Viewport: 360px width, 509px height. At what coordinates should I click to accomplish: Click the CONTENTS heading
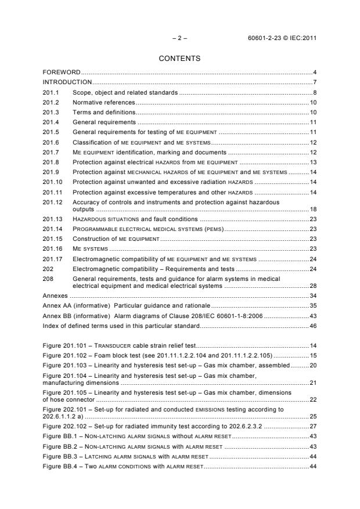(x=179, y=59)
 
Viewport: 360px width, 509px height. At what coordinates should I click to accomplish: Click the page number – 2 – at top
(x=179, y=38)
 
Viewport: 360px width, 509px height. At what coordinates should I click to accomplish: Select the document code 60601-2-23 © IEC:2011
(x=281, y=38)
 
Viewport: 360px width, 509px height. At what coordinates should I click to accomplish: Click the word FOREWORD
(x=62, y=72)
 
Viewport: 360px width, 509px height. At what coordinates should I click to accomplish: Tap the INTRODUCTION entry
(x=67, y=82)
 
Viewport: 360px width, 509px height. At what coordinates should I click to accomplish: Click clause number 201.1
(x=51, y=92)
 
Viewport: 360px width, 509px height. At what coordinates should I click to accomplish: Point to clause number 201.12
(x=53, y=202)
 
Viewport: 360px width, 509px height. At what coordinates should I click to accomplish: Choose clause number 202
(x=48, y=269)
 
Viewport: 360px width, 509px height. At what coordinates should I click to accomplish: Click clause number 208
(x=48, y=279)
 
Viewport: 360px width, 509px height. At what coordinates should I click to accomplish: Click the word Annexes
(x=56, y=296)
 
